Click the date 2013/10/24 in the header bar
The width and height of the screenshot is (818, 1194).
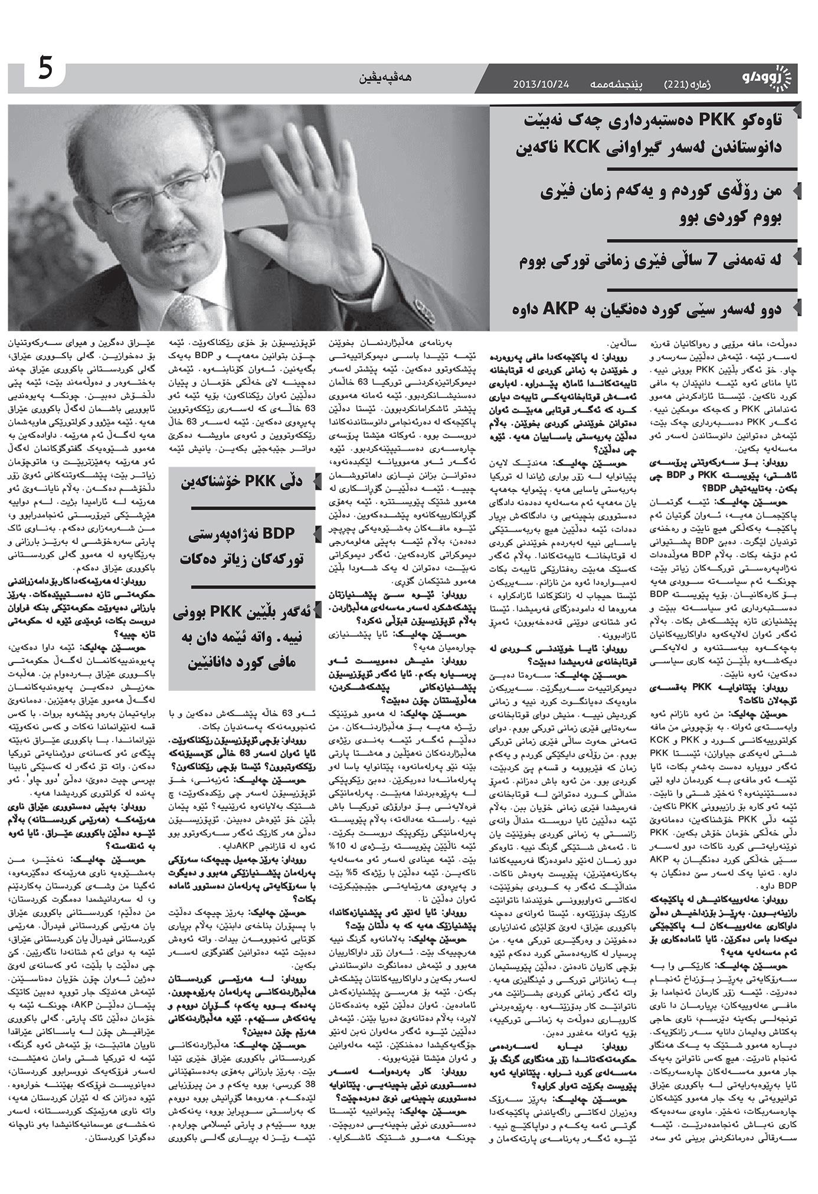click(x=541, y=84)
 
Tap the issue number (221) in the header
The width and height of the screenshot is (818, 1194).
click(x=676, y=84)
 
